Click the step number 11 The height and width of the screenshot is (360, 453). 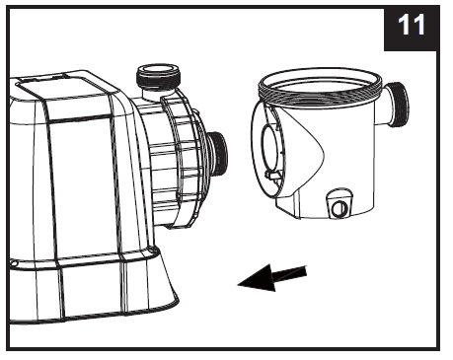tap(412, 27)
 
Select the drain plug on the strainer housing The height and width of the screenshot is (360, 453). tap(339, 208)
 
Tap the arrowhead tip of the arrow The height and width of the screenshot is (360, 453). tap(242, 284)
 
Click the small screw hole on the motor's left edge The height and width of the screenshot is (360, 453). tap(13, 264)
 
